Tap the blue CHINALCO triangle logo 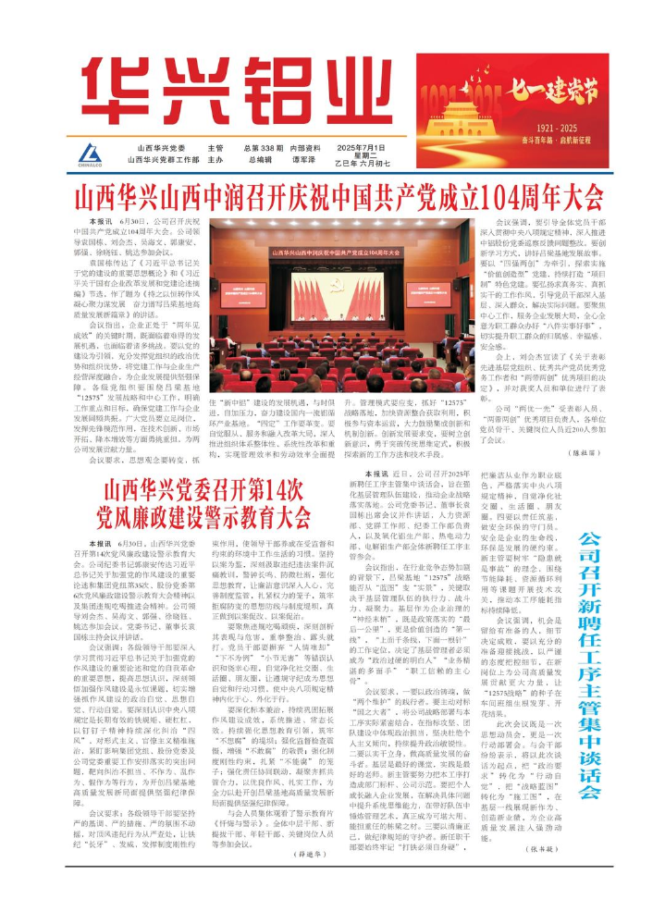click(91, 153)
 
